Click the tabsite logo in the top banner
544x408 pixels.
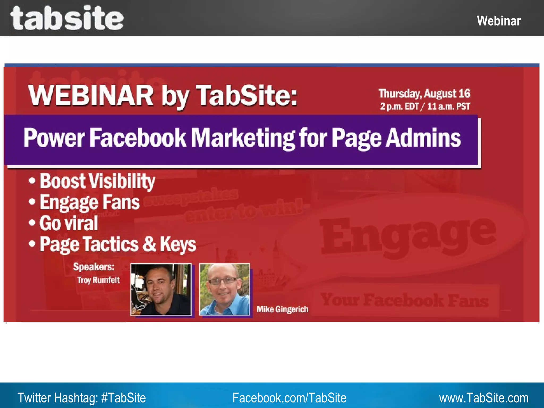pos(67,18)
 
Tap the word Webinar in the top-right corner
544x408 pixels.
pos(499,21)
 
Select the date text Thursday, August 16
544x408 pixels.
pos(424,93)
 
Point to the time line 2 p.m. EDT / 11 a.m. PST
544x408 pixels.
pos(425,107)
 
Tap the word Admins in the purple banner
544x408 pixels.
pos(423,138)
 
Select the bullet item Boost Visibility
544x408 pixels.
pos(97,181)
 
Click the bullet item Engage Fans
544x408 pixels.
pos(89,202)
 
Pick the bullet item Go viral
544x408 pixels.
pos(69,223)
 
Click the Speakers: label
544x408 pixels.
pos(93,267)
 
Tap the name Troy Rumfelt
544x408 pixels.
pos(98,280)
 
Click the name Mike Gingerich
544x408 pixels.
pos(282,309)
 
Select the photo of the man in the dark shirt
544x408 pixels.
pos(161,290)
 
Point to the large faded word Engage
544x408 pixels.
pos(408,235)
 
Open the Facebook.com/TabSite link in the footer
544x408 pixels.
pos(289,398)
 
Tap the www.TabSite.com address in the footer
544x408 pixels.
pos(483,398)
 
